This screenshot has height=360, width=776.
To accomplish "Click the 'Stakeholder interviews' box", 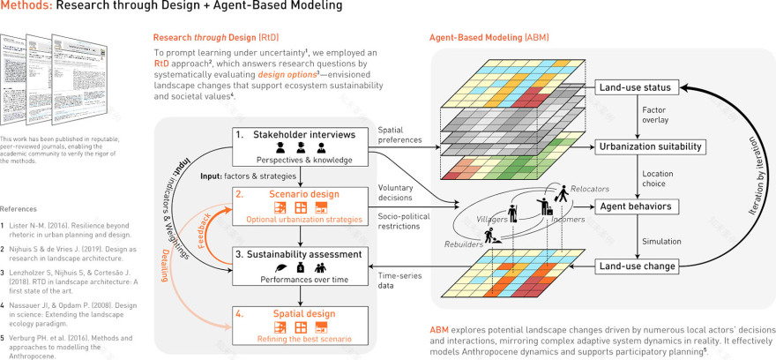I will pos(302,146).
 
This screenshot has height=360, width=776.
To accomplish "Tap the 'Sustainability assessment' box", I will pos(302,262).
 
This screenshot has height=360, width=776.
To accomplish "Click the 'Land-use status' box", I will pos(637,88).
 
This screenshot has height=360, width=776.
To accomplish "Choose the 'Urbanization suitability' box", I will pos(637,146).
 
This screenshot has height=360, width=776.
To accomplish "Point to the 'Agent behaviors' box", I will pos(637,207).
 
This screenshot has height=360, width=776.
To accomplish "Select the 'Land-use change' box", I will pos(637,266).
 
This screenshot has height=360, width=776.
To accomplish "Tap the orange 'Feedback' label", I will pos(212,230).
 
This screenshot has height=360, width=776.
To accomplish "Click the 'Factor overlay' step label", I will pos(657,116).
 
